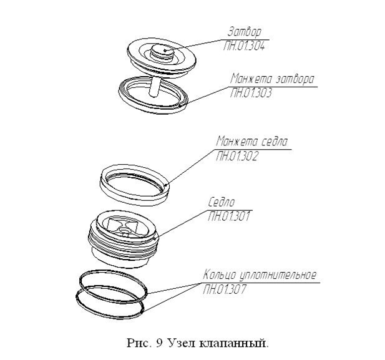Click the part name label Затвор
click(x=245, y=32)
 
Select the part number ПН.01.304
click(x=244, y=46)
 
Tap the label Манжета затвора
click(x=272, y=79)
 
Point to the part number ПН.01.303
click(x=251, y=93)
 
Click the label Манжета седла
click(x=251, y=141)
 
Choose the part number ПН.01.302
click(x=237, y=156)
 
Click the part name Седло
click(x=222, y=202)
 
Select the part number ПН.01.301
click(x=229, y=216)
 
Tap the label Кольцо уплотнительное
click(x=260, y=275)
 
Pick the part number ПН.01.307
click(x=224, y=289)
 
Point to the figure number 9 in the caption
click(x=159, y=343)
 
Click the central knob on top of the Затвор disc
click(x=162, y=52)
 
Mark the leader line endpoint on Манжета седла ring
click(x=167, y=185)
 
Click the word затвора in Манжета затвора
click(x=295, y=80)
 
